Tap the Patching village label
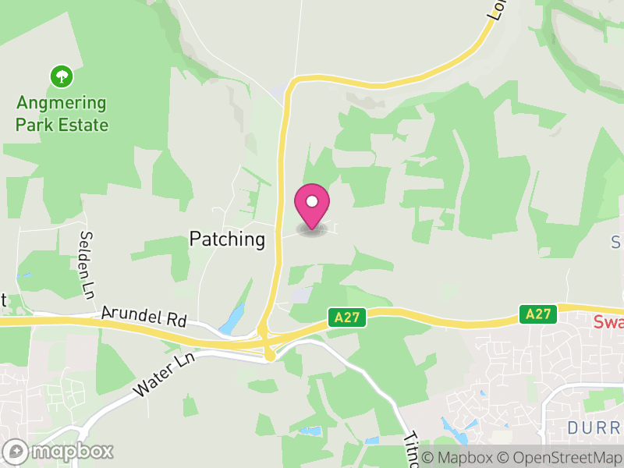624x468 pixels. click(227, 239)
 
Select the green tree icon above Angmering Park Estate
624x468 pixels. click(61, 76)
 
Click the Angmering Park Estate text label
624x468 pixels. click(62, 114)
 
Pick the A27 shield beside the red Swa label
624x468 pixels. click(538, 314)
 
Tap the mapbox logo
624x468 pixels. click(59, 451)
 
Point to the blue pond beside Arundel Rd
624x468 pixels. click(232, 320)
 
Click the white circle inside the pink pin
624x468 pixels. click(312, 201)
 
